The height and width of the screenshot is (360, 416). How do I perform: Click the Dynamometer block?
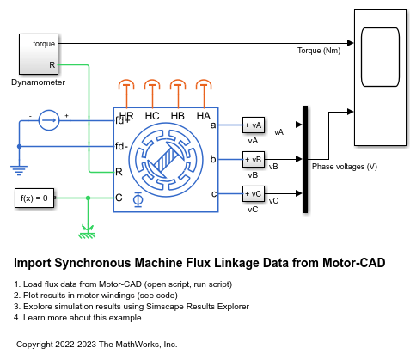pos(38,54)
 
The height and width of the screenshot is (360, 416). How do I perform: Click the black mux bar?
pos(304,159)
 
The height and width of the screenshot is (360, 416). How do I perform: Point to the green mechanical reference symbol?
pos(87,229)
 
